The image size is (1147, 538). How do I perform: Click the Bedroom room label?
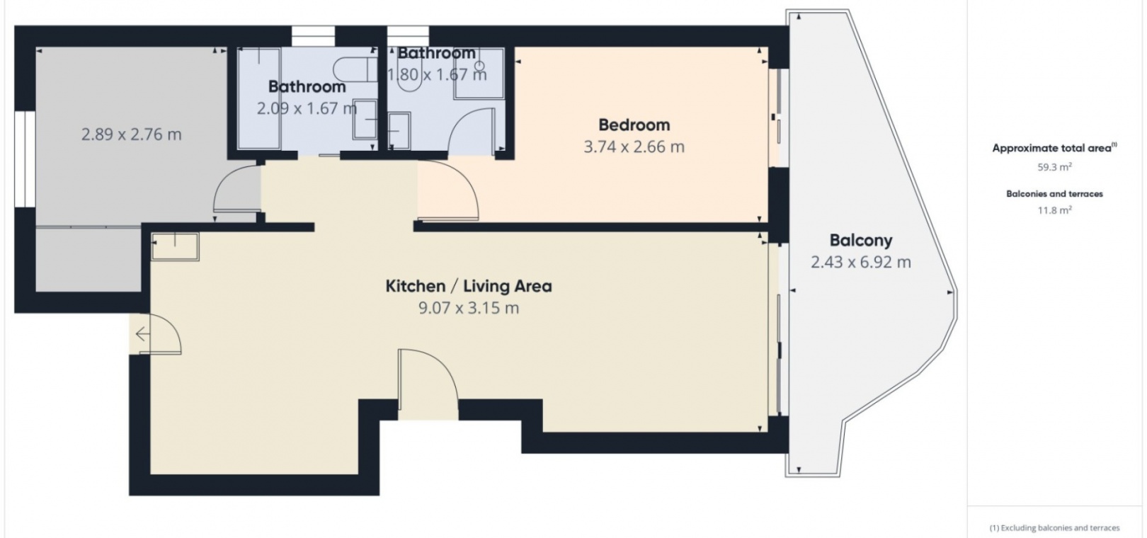634,125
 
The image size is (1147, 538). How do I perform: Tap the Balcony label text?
861,240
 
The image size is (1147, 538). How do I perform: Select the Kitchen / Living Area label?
469,286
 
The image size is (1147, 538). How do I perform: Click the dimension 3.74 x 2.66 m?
634,147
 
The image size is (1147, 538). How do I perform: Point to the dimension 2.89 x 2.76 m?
132,134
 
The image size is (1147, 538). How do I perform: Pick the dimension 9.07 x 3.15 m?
469,308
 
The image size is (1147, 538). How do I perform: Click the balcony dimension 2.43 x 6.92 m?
861,262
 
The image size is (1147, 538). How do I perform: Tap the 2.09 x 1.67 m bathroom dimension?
307,108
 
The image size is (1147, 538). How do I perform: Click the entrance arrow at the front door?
142,334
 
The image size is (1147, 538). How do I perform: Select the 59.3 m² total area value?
1054,167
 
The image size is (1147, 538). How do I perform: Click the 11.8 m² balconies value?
1054,210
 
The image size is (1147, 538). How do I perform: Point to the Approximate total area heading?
1054,148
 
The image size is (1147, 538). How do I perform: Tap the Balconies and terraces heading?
1054,194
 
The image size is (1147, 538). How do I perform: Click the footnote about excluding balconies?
1054,528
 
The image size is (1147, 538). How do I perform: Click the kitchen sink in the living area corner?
175,247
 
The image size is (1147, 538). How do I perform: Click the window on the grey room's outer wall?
25,159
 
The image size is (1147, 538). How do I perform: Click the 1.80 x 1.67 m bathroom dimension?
437,75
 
